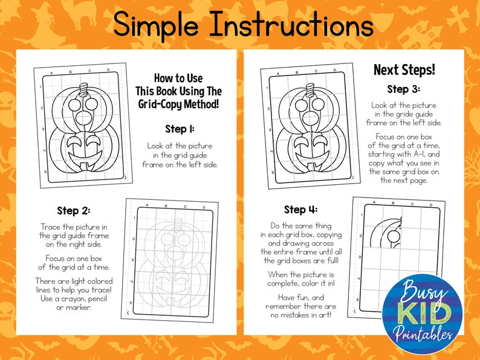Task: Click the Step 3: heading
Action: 403,89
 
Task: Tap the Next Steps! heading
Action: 403,69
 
